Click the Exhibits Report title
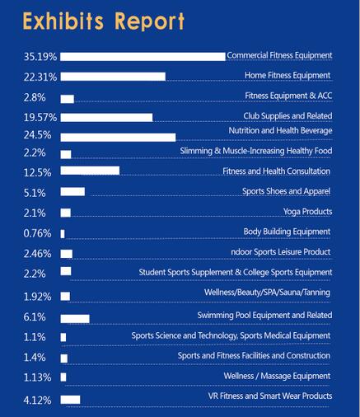coord(104,21)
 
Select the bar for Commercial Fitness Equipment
coord(143,57)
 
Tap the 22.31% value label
coord(40,77)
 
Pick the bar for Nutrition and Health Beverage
coord(118,138)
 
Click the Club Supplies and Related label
coord(288,116)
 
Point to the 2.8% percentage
coord(35,97)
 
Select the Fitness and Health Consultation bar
coord(90,171)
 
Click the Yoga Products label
coord(307,212)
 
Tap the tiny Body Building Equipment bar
coord(63,234)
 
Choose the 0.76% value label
coord(37,233)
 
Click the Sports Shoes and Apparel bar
coord(72,192)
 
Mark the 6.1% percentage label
coord(35,317)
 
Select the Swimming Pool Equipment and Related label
coord(264,315)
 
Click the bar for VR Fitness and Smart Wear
coord(70,400)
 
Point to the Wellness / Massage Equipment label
coord(277,376)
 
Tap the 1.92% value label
coord(37,297)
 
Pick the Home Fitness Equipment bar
coord(113,77)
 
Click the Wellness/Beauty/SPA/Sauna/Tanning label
coord(267,293)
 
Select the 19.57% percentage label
coord(40,118)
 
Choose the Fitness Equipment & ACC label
coord(288,96)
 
